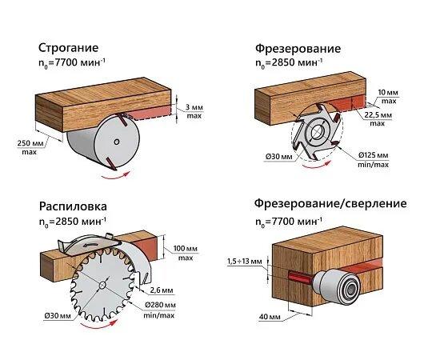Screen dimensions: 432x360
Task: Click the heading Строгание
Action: [x=68, y=48]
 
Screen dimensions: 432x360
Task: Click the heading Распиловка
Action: [x=73, y=206]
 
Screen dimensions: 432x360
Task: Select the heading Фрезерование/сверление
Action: [x=330, y=203]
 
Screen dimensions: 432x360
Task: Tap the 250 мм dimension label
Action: [x=30, y=143]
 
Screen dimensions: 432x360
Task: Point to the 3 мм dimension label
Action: [x=194, y=107]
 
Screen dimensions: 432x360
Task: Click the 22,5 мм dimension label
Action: [x=378, y=115]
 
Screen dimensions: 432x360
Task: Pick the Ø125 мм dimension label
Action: [x=374, y=155]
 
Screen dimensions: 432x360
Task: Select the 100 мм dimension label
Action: [x=186, y=249]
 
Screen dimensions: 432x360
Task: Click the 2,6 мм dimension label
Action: [x=162, y=290]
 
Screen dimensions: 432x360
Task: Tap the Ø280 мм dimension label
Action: [x=160, y=305]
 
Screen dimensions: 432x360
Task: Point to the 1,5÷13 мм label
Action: [x=245, y=261]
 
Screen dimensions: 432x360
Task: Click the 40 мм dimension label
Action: [x=270, y=317]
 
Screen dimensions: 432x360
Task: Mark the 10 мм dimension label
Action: [x=388, y=93]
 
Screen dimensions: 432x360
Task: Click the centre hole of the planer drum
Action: [x=117, y=142]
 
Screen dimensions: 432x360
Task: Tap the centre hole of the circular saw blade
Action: [x=102, y=286]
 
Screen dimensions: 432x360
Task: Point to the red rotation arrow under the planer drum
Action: [x=115, y=176]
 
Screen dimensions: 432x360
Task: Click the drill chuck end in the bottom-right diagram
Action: [x=350, y=290]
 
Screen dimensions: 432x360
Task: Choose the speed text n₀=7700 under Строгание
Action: [x=72, y=63]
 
